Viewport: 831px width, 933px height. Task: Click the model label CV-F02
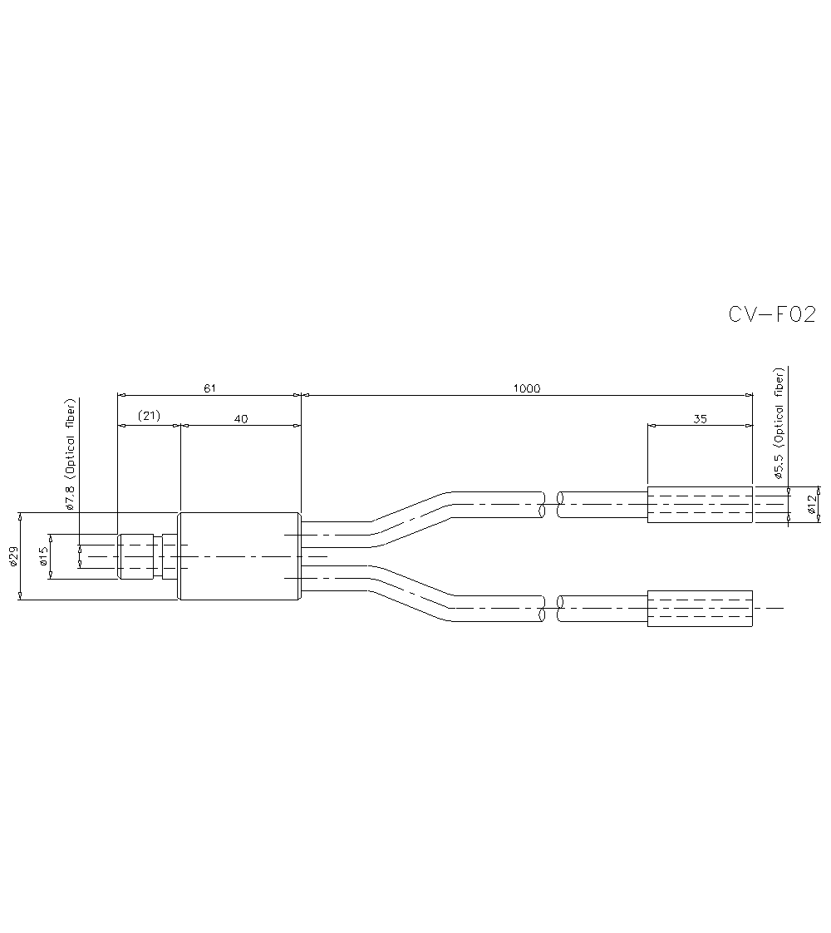click(x=772, y=314)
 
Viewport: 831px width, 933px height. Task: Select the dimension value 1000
click(x=527, y=388)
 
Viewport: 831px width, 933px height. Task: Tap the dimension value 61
click(x=209, y=388)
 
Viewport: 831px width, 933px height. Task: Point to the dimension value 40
click(x=241, y=419)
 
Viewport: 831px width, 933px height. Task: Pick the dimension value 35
click(x=700, y=419)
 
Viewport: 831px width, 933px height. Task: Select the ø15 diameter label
click(x=43, y=556)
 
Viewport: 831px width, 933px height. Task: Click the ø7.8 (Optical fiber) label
click(x=71, y=453)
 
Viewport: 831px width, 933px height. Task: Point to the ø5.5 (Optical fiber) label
click(x=779, y=425)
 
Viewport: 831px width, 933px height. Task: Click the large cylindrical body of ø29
click(x=240, y=556)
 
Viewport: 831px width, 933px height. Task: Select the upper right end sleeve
click(x=700, y=505)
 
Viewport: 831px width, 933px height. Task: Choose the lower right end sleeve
click(x=700, y=609)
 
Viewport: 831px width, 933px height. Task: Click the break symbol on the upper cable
click(x=550, y=504)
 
